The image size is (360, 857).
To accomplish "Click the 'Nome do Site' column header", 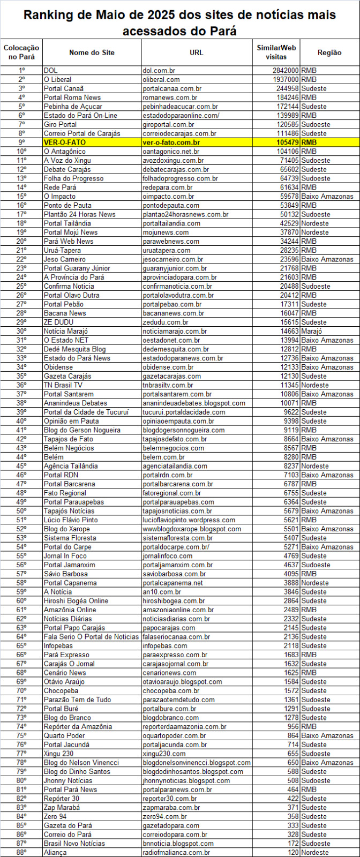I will tap(92, 52).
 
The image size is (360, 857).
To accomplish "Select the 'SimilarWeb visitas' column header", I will tap(276, 52).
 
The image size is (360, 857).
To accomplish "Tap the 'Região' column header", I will tap(329, 52).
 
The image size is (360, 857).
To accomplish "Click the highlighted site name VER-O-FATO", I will tap(65, 142).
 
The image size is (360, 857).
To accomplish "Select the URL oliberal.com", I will tap(161, 79).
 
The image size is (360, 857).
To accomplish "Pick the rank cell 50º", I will tap(21, 511).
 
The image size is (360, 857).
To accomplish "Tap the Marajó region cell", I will tap(313, 331).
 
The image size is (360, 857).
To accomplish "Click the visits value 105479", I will tap(287, 142).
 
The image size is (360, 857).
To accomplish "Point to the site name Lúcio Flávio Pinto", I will tap(71, 520).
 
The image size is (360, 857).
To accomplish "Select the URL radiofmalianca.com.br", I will tap(176, 852).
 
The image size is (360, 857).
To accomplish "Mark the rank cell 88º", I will tap(21, 852).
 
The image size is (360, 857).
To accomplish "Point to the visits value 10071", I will tap(289, 403).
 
